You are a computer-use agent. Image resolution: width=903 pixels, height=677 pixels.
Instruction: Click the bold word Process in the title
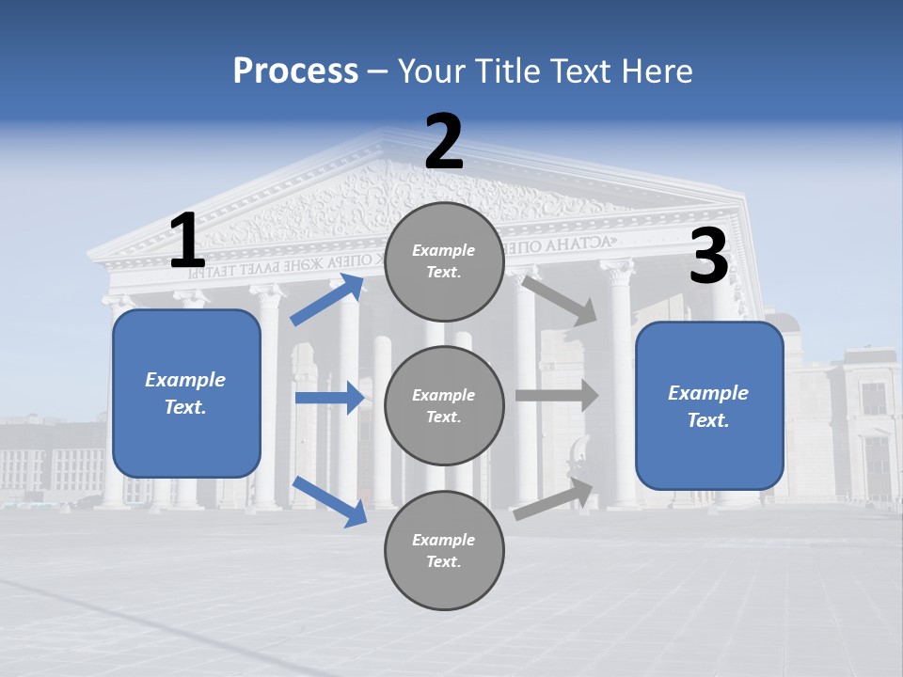(295, 71)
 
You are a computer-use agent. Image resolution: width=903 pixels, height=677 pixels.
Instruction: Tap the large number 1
(187, 242)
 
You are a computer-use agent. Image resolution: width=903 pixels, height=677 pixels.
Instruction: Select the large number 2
(444, 142)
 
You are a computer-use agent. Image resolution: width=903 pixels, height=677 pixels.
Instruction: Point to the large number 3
(708, 257)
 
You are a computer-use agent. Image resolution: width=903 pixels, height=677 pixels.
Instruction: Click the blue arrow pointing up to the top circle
(326, 300)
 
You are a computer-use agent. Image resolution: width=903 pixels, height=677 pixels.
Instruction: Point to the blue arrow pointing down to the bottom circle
(329, 500)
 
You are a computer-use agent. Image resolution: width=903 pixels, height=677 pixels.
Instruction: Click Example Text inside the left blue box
(185, 393)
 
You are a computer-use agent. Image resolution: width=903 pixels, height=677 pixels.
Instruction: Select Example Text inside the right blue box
(708, 406)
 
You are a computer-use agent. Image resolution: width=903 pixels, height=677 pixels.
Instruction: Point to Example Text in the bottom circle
(443, 550)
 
